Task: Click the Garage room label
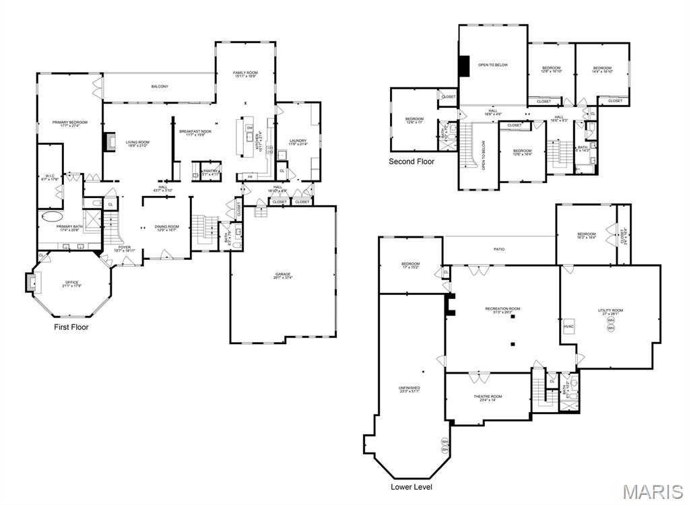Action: coord(283,275)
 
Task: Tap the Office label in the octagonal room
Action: coord(71,285)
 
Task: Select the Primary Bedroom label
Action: coord(70,124)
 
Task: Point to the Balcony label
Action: coord(159,86)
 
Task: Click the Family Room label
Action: coord(245,74)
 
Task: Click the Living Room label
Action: coord(137,143)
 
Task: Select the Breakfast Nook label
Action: coord(195,133)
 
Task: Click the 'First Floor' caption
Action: coord(71,327)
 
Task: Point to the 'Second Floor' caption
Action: coord(412,162)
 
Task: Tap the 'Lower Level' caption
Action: coord(412,487)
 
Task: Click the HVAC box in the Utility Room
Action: coord(568,327)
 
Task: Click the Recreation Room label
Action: coord(502,310)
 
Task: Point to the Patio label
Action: coord(498,249)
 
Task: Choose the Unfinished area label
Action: coord(409,389)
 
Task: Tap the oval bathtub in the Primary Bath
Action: coord(51,217)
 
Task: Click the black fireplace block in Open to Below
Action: coord(463,66)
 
